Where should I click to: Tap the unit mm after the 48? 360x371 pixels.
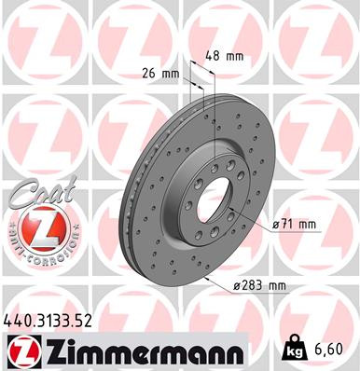point(235,56)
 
